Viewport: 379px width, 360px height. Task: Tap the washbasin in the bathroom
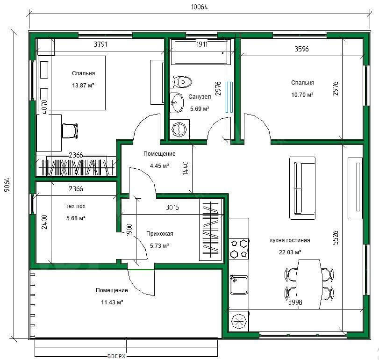point(177,102)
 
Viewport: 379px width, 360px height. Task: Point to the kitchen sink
point(239,285)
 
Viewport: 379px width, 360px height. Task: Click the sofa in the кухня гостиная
point(303,188)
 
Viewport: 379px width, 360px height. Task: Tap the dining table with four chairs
point(309,284)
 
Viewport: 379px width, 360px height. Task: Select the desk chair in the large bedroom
point(71,131)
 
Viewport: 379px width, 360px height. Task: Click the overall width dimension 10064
point(200,7)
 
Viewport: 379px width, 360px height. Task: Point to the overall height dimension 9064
point(7,185)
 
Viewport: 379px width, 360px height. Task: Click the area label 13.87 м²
point(83,86)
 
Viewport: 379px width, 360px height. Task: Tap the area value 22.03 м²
point(290,252)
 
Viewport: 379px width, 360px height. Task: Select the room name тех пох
point(76,206)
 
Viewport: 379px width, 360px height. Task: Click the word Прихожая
point(159,234)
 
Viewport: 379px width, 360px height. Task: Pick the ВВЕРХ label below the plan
point(116,356)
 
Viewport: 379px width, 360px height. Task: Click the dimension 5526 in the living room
point(336,238)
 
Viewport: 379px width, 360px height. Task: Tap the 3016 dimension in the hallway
point(172,208)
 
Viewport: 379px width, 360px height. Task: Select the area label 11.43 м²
point(112,302)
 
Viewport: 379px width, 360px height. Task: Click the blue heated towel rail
point(229,97)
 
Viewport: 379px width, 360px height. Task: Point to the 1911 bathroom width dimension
point(202,44)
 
